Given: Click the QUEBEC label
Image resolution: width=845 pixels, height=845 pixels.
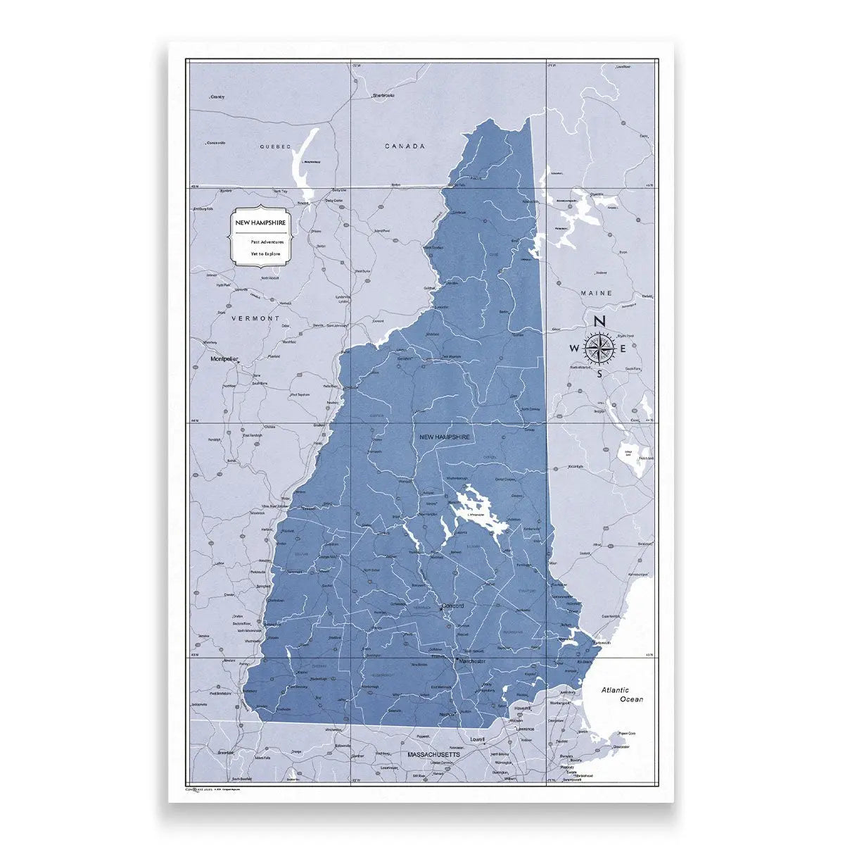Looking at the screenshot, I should (x=274, y=146).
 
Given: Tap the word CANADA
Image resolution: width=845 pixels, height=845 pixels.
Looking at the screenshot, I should (x=405, y=146).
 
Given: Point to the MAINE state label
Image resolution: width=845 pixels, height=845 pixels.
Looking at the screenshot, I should (x=597, y=293).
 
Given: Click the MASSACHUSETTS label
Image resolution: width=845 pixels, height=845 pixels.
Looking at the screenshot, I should (x=434, y=754).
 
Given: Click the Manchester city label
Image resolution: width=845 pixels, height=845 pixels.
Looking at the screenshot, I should (x=472, y=662).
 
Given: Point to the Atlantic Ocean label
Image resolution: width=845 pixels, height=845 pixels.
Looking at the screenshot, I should (x=616, y=695).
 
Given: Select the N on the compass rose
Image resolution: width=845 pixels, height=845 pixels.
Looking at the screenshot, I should (x=600, y=322).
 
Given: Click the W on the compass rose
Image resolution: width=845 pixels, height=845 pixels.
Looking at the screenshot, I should (x=575, y=348).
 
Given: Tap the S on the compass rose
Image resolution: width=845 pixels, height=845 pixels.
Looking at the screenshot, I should (x=599, y=373).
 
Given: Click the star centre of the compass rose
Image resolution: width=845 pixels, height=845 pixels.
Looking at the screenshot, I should (x=599, y=347).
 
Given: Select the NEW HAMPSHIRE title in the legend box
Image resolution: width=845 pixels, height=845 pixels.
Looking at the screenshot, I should (x=260, y=223).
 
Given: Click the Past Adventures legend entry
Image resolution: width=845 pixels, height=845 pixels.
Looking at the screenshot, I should (x=267, y=242).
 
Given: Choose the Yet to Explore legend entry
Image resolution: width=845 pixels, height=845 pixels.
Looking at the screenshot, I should (x=265, y=253).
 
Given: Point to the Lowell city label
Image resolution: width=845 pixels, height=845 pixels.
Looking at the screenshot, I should (x=478, y=740).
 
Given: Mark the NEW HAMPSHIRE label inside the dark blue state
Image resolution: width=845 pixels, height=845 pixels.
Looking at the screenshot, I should (x=444, y=437).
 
